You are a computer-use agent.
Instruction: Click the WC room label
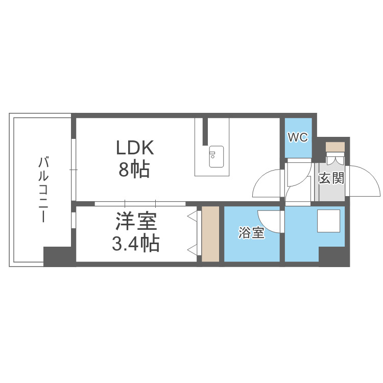297,137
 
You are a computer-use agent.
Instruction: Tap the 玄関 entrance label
331,178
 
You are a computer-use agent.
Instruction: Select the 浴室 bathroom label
251,233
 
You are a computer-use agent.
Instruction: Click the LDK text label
135,148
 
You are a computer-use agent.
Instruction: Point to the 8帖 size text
134,169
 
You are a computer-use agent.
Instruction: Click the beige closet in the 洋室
210,234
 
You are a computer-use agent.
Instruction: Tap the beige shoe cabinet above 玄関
336,147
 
